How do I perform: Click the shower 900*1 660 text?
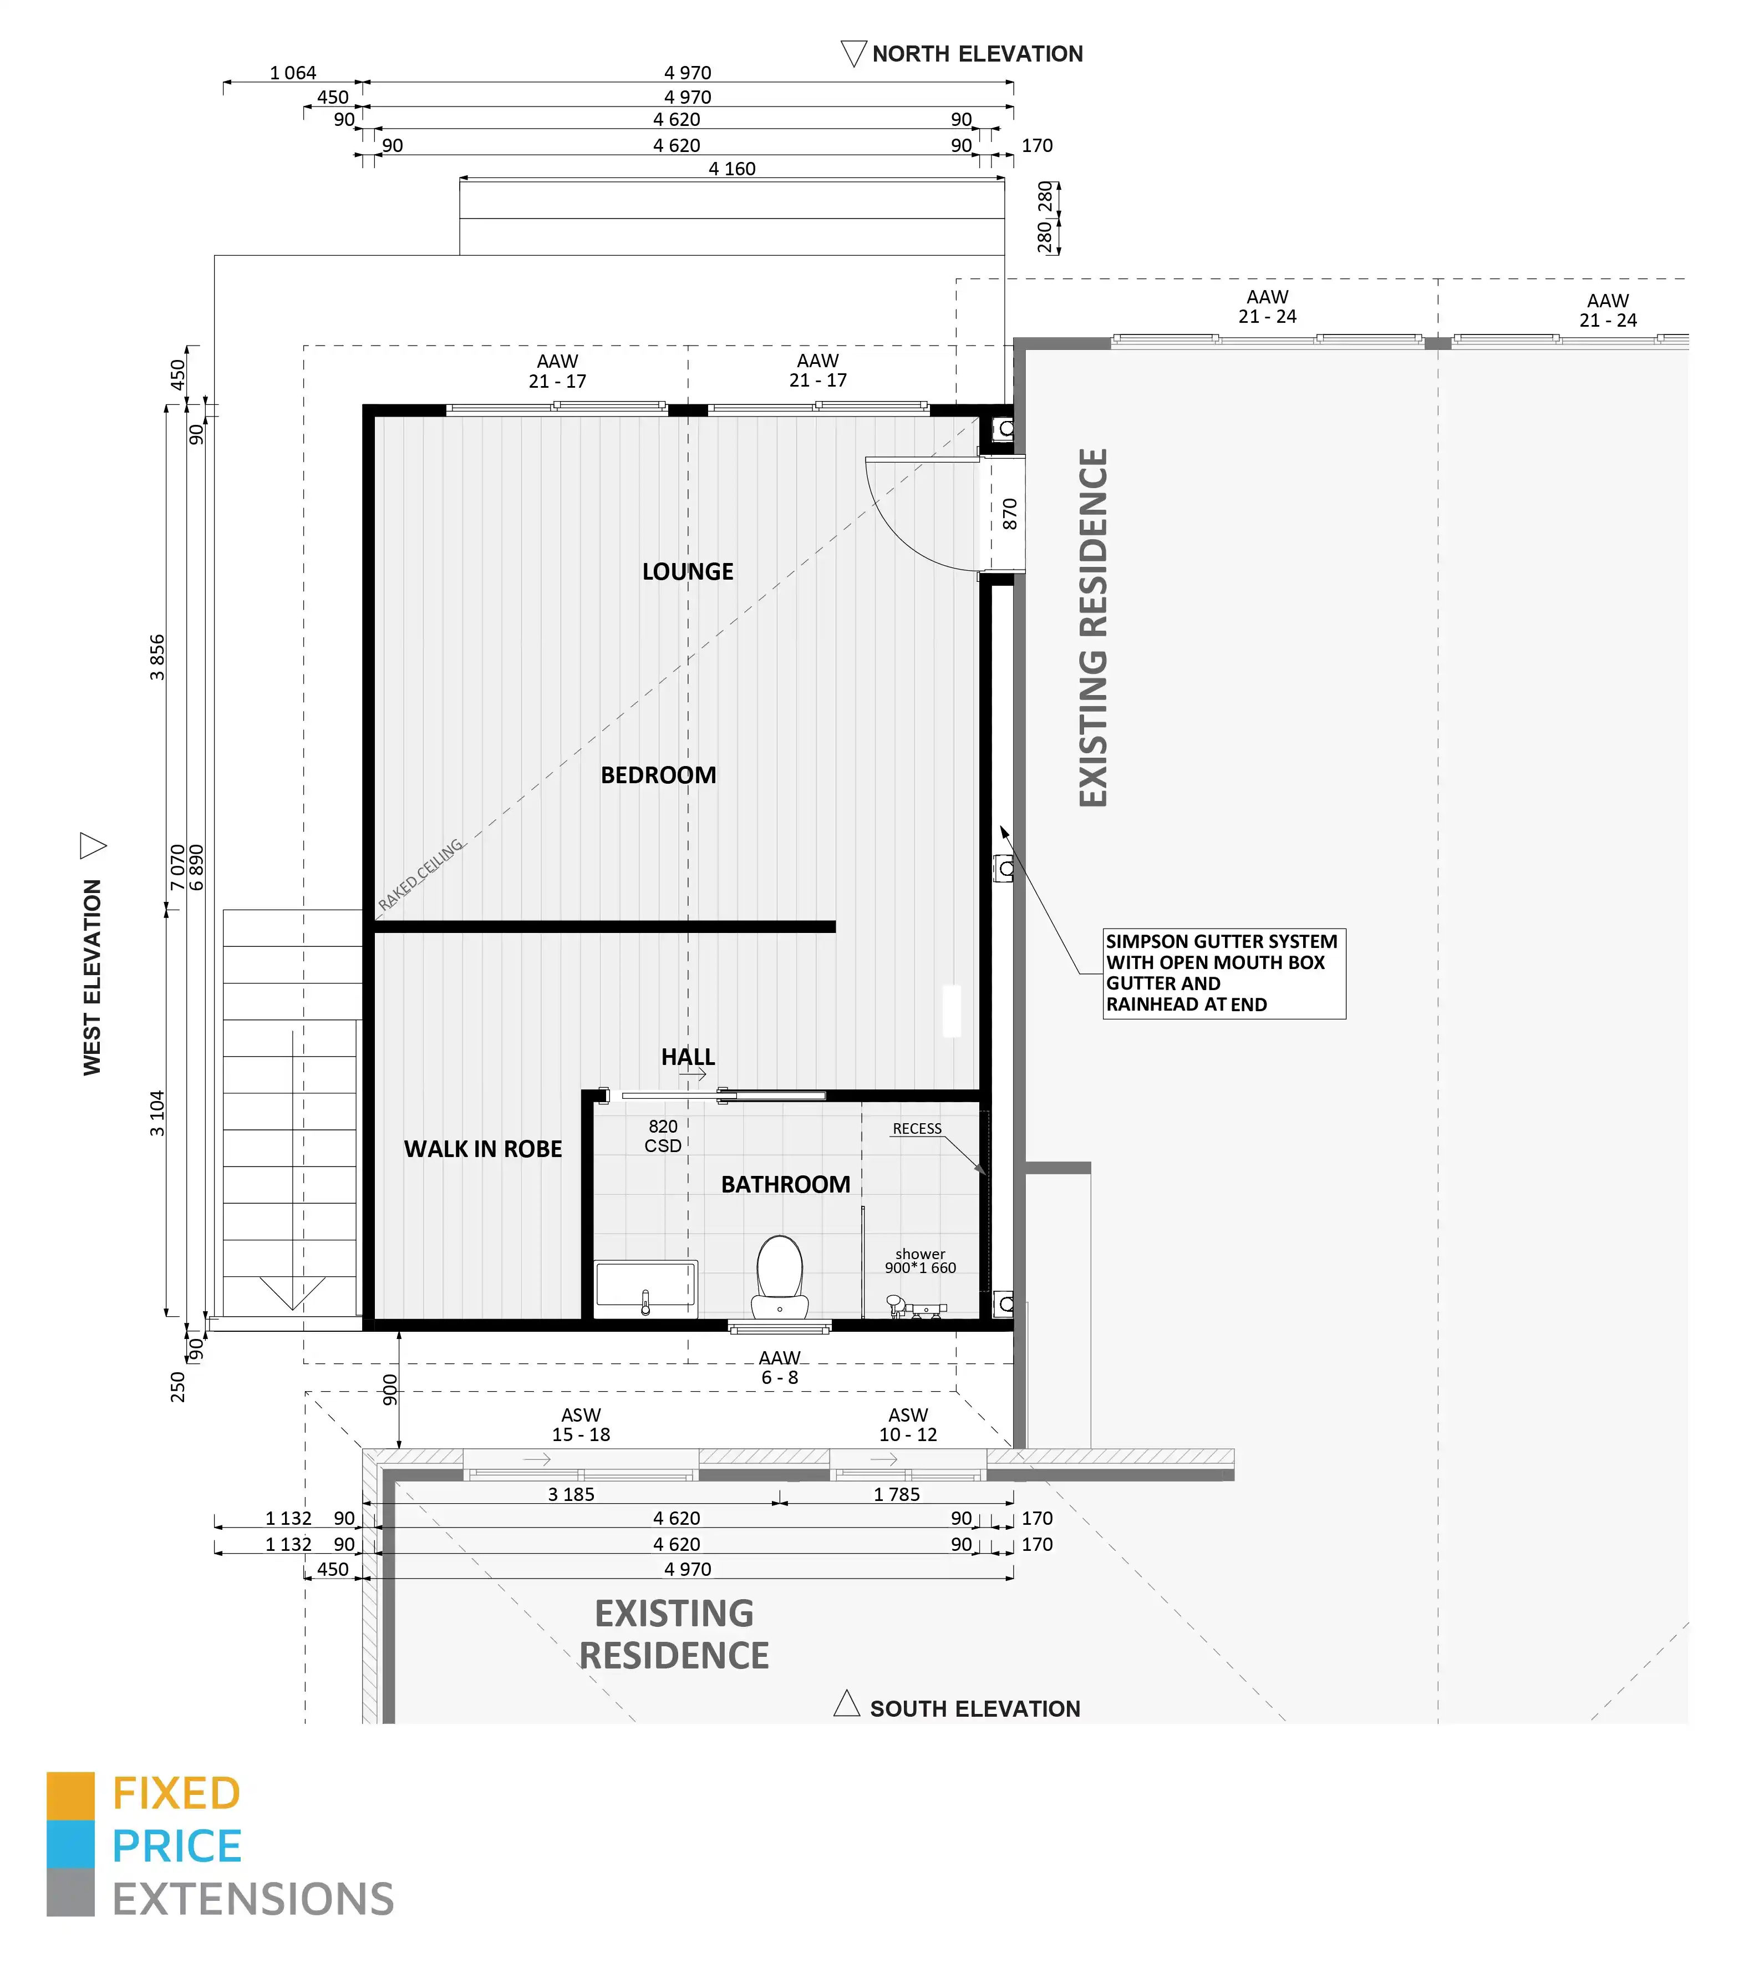(920, 1261)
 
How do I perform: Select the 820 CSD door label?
(663, 1136)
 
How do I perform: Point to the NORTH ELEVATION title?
(977, 54)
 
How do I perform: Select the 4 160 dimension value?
(732, 169)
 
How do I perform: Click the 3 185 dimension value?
(571, 1494)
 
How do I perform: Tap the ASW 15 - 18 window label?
(581, 1424)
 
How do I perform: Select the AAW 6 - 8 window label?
(779, 1368)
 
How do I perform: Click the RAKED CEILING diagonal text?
(421, 874)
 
